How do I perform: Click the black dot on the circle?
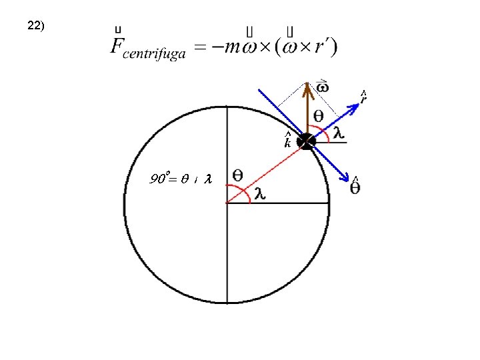[x=306, y=141]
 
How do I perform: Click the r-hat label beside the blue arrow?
[x=363, y=97]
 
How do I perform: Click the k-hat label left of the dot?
[x=287, y=141]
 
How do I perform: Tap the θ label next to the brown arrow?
[x=319, y=116]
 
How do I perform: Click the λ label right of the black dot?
[x=339, y=133]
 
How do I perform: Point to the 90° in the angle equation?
[x=161, y=179]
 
